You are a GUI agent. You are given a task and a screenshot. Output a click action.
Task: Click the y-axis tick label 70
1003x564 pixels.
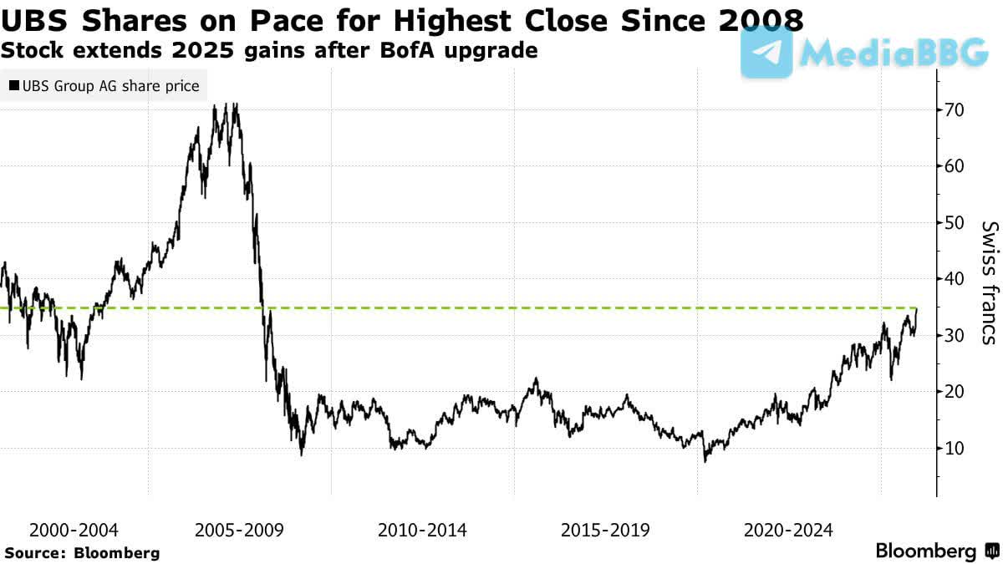(x=955, y=109)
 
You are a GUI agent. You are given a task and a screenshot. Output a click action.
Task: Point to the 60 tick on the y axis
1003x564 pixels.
(x=955, y=165)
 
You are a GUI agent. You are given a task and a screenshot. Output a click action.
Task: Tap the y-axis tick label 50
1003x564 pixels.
(x=955, y=222)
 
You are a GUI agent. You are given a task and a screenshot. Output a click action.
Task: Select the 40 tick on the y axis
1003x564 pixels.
(x=955, y=278)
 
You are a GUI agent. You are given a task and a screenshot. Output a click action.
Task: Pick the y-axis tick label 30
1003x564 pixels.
(x=955, y=335)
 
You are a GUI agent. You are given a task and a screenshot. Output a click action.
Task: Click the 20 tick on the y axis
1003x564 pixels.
(x=955, y=391)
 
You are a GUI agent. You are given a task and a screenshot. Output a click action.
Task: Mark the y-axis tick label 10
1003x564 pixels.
(x=955, y=448)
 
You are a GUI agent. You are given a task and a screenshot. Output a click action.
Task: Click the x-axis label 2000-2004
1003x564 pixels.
(x=74, y=530)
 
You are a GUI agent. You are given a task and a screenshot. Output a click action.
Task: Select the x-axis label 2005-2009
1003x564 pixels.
(x=239, y=530)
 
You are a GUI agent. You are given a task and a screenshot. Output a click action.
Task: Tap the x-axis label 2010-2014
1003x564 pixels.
(x=422, y=530)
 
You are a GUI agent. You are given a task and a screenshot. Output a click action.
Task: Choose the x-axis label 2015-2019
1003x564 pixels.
(x=605, y=530)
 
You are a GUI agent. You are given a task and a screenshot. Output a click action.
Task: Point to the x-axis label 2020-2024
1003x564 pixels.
(x=788, y=530)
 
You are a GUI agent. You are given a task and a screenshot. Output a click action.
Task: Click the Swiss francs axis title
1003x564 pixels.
(x=989, y=282)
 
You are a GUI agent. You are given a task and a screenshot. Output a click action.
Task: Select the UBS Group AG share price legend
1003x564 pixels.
(x=104, y=86)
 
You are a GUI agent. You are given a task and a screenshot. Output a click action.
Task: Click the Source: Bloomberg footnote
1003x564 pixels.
(x=82, y=552)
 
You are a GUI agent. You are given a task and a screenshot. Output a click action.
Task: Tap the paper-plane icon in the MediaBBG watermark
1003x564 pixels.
(x=766, y=52)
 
